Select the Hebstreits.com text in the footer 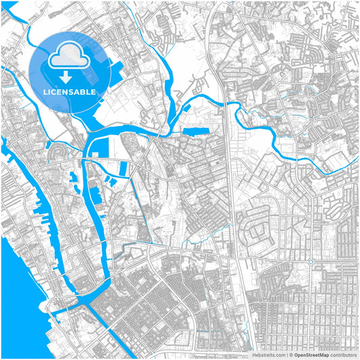pyautogui.click(x=268, y=354)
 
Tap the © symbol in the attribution pyautogui.click(x=291, y=354)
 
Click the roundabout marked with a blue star pyautogui.click(x=310, y=261)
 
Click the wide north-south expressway pyautogui.click(x=232, y=203)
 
